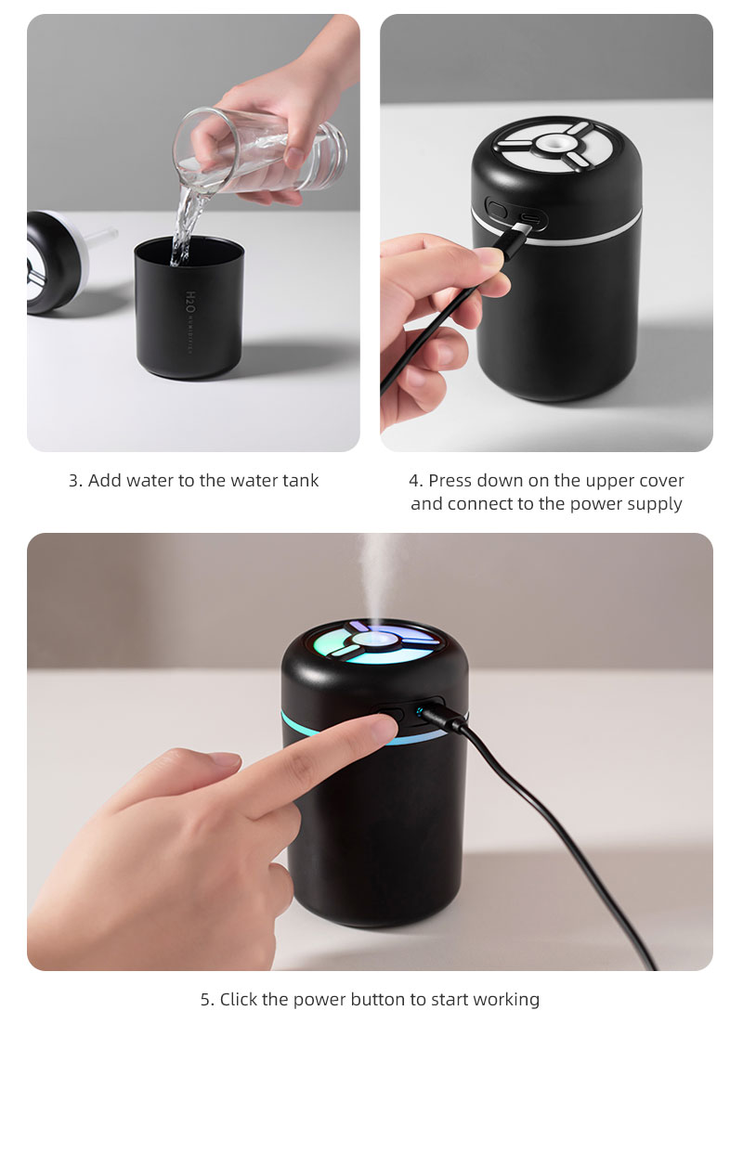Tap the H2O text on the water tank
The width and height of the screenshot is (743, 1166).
click(x=190, y=303)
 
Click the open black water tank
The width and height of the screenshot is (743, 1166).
click(x=189, y=311)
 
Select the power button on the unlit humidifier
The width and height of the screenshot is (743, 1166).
click(x=497, y=210)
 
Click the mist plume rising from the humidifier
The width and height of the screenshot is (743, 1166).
click(x=377, y=576)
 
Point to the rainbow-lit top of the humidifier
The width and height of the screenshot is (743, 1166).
click(x=376, y=641)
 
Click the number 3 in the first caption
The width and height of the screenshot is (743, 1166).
click(x=73, y=481)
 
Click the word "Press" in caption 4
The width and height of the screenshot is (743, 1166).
click(x=450, y=481)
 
